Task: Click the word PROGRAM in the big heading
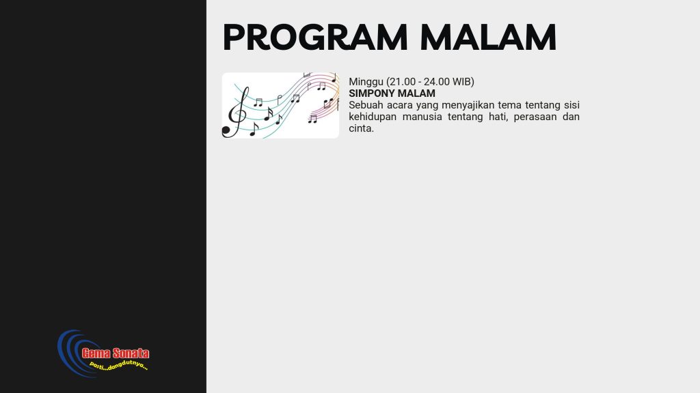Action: [315, 38]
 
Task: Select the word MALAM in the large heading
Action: [488, 38]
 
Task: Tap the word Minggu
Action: [366, 82]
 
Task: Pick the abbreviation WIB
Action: [461, 82]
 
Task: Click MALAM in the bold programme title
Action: [415, 93]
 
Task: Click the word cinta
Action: [361, 128]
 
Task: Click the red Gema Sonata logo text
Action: [115, 353]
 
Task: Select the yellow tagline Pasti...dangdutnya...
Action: [118, 366]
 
